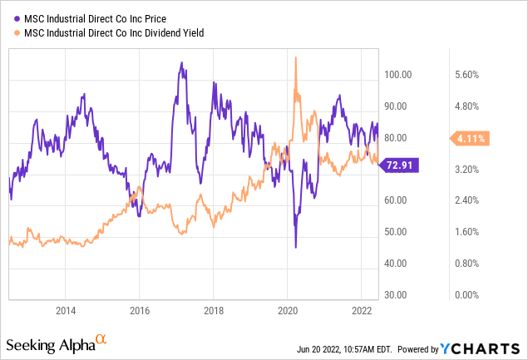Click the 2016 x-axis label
pos(140,309)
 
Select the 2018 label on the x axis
pos(213,309)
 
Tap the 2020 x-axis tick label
pos(287,309)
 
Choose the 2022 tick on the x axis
pos(360,309)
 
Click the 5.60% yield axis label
pos(467,75)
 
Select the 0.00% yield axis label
pos(467,295)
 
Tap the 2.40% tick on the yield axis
pos(467,200)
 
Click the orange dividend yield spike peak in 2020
pos(295,57)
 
